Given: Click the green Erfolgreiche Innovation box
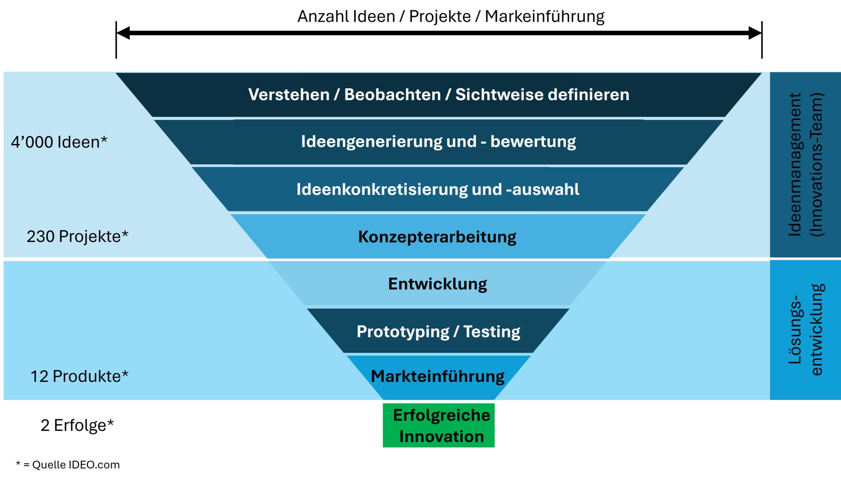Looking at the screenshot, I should [x=439, y=425].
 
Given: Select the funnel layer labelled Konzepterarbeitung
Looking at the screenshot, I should [x=437, y=237].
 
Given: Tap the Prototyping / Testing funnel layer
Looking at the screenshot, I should [x=438, y=331].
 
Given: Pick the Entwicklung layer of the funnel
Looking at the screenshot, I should [x=437, y=284].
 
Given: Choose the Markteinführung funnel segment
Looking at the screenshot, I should [x=438, y=376].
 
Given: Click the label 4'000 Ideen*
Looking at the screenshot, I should [x=59, y=142].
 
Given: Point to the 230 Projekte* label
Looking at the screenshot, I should [x=78, y=236].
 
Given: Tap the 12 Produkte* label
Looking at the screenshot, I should [x=79, y=376].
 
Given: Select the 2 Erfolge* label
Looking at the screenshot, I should [x=77, y=425].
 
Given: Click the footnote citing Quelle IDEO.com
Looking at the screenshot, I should [x=68, y=465].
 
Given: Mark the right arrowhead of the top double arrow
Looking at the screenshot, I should [x=754, y=33].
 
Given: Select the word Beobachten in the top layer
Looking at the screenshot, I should [x=392, y=95].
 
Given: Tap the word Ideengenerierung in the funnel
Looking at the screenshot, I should [x=371, y=142].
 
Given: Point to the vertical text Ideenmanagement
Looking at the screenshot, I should [x=795, y=165].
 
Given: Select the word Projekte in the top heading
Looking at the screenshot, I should [x=440, y=16].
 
